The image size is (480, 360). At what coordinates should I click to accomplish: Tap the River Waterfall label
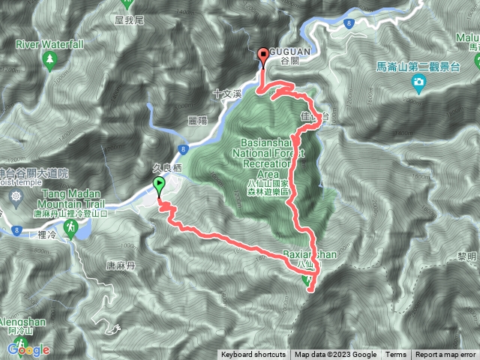click(49, 44)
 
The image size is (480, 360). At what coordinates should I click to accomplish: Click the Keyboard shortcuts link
click(253, 355)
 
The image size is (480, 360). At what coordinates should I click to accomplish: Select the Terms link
click(396, 355)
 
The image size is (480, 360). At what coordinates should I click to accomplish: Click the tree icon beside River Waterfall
click(50, 58)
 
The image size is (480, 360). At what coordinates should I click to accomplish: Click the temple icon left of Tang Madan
click(16, 197)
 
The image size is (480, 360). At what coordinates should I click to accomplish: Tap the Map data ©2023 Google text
click(335, 355)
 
